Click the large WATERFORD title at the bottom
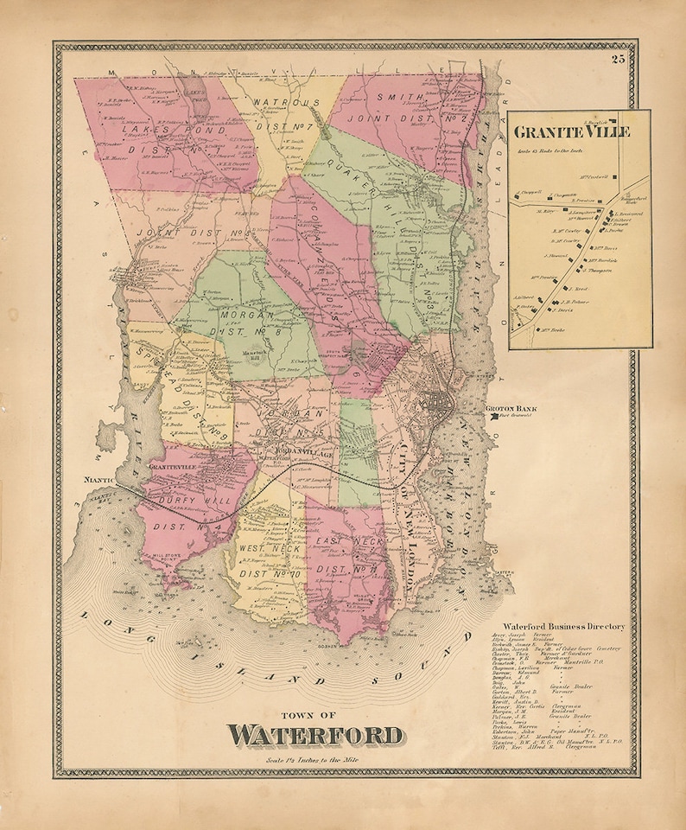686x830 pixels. [x=315, y=736]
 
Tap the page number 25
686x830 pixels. [x=617, y=59]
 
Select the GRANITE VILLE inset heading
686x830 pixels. [x=571, y=132]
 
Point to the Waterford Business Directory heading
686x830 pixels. [x=567, y=626]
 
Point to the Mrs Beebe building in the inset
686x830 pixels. [x=553, y=330]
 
